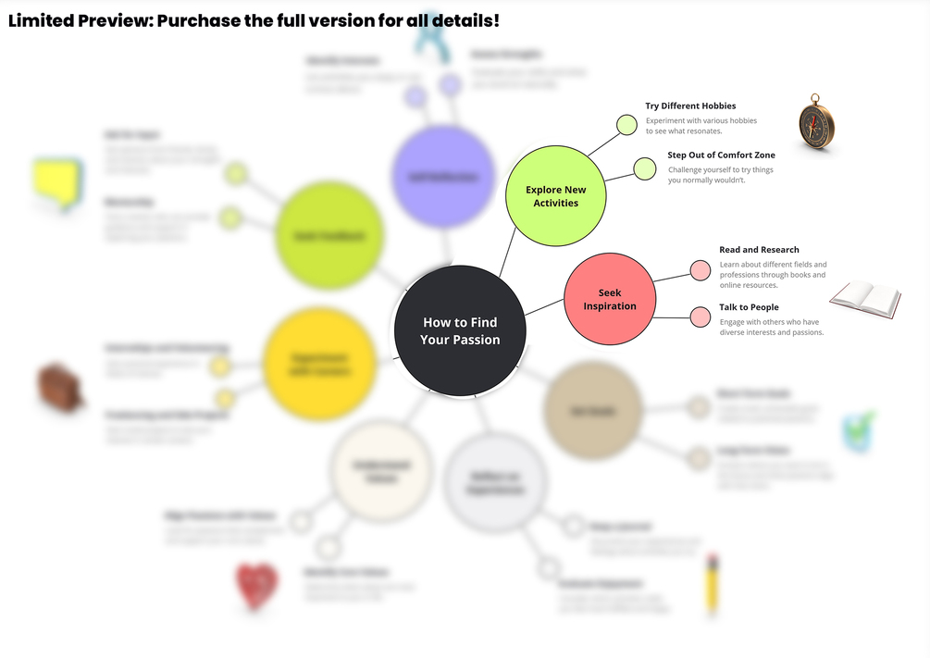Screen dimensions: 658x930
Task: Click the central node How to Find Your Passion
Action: tap(460, 330)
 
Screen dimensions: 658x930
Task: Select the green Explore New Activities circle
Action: tap(555, 196)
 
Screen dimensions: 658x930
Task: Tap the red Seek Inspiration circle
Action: tap(610, 299)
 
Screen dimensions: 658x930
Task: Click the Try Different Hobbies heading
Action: tap(690, 106)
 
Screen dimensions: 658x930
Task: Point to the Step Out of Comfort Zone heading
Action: tap(721, 155)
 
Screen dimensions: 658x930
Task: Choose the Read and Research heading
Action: tap(759, 250)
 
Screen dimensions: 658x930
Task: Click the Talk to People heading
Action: tap(749, 307)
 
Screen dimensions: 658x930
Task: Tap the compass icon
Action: tap(816, 121)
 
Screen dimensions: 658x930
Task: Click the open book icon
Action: tap(865, 299)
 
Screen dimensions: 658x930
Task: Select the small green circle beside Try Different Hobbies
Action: tap(626, 125)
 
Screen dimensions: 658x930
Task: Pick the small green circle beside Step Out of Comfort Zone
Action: tap(644, 168)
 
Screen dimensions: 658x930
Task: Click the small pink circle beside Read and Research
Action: tap(701, 270)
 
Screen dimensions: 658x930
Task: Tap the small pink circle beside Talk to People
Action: tap(701, 317)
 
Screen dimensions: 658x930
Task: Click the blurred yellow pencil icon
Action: tap(712, 585)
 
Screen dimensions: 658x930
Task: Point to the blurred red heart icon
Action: tap(257, 586)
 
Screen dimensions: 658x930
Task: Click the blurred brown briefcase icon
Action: tap(61, 386)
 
